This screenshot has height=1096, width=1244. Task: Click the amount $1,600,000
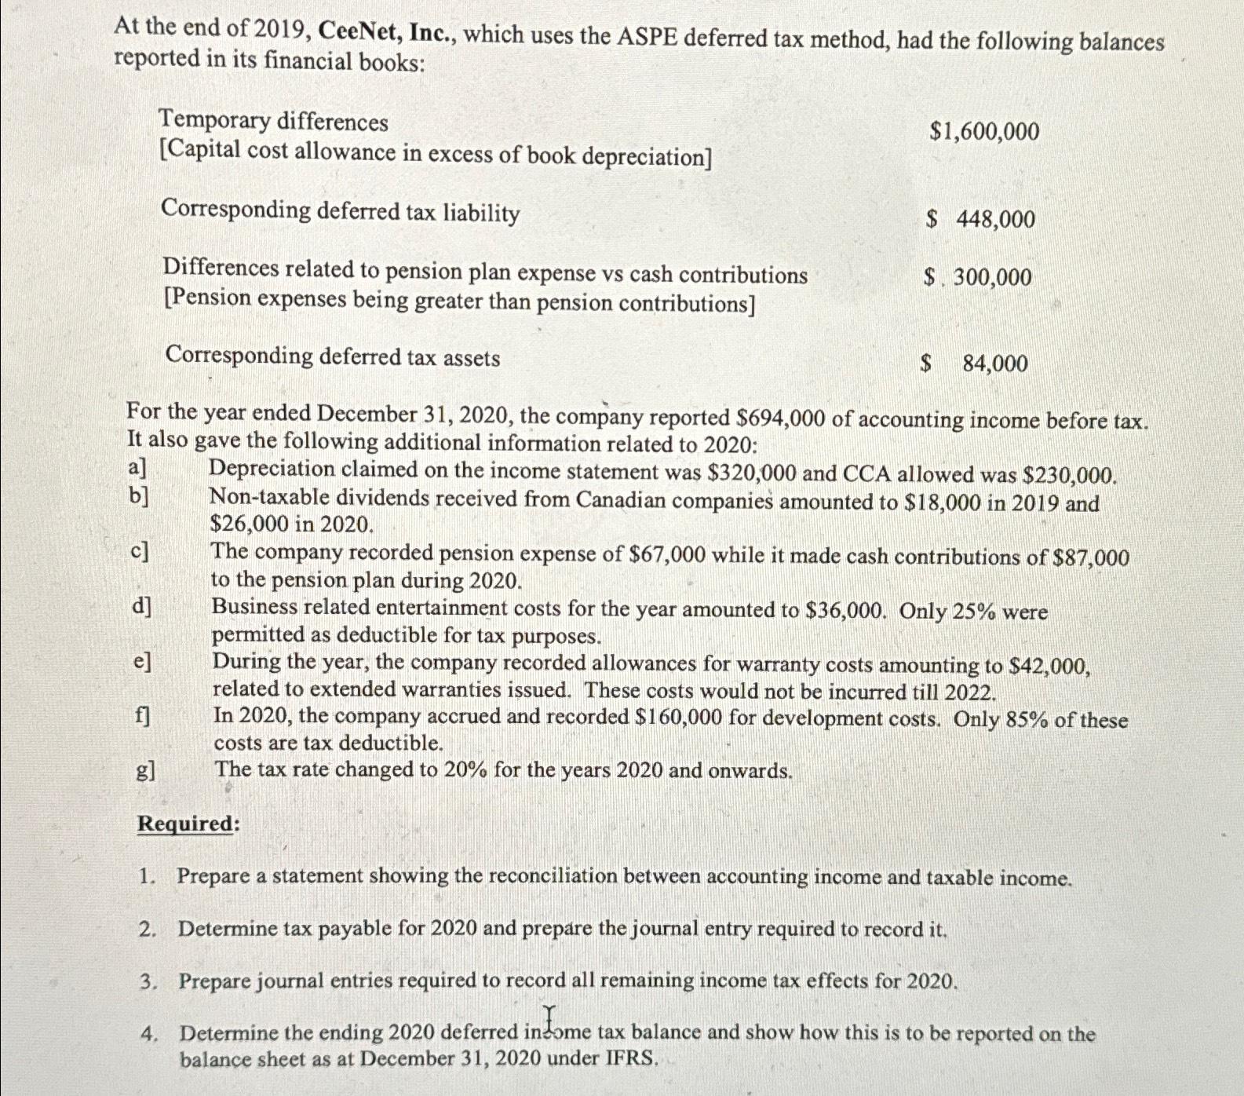[984, 131]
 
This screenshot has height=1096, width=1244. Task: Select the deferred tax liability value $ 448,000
[981, 219]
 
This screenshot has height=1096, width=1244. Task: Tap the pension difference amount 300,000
[992, 276]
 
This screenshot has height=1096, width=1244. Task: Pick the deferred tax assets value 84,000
[994, 363]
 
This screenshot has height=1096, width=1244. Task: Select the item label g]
[145, 770]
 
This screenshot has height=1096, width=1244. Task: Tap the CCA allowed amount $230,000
[1071, 475]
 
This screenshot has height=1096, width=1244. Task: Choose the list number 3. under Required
[148, 981]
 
